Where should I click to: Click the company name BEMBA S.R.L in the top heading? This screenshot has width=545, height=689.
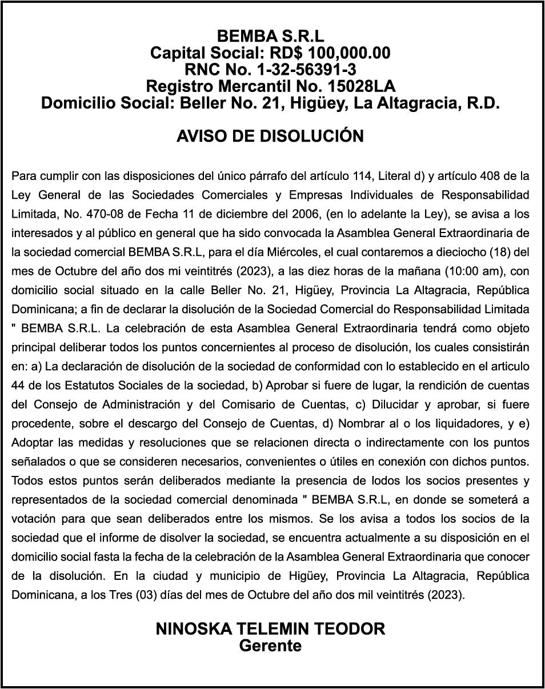(271, 37)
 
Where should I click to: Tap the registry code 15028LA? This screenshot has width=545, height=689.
(361, 87)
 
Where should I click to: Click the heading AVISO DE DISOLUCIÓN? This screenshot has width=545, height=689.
(270, 137)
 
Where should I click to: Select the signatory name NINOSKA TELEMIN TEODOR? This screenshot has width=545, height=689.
(270, 630)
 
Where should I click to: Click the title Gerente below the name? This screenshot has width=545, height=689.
(270, 646)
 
